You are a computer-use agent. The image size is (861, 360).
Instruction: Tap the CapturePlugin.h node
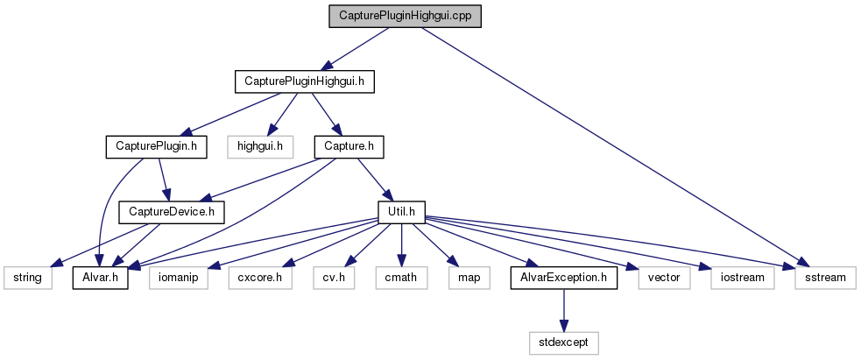(156, 146)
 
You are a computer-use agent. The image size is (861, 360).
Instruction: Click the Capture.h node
(350, 146)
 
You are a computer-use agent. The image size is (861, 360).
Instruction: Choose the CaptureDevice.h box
(172, 211)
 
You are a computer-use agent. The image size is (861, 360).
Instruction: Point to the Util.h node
(401, 211)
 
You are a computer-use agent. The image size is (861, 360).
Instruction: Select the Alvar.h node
(100, 278)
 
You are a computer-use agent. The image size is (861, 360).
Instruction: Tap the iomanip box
(179, 278)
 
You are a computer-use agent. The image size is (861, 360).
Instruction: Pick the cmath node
(401, 278)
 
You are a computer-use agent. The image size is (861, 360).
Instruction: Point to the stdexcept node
(564, 342)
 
